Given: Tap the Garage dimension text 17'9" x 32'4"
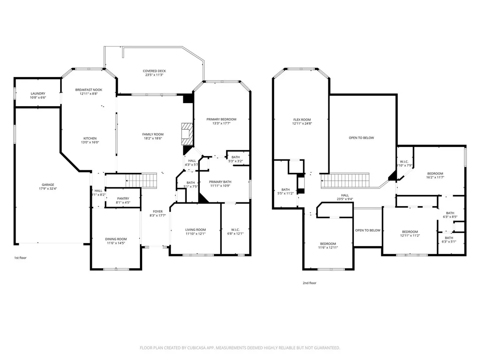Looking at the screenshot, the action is tap(48, 188).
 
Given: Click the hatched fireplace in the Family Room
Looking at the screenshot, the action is tap(187, 134).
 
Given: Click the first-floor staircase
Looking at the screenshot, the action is tap(141, 180).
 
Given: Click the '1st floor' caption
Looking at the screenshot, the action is tap(20, 258).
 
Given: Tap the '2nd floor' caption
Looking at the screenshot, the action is tap(309, 283).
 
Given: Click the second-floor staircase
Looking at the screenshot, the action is tap(345, 181).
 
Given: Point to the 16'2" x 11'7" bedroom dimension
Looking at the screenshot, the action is tap(435, 177).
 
